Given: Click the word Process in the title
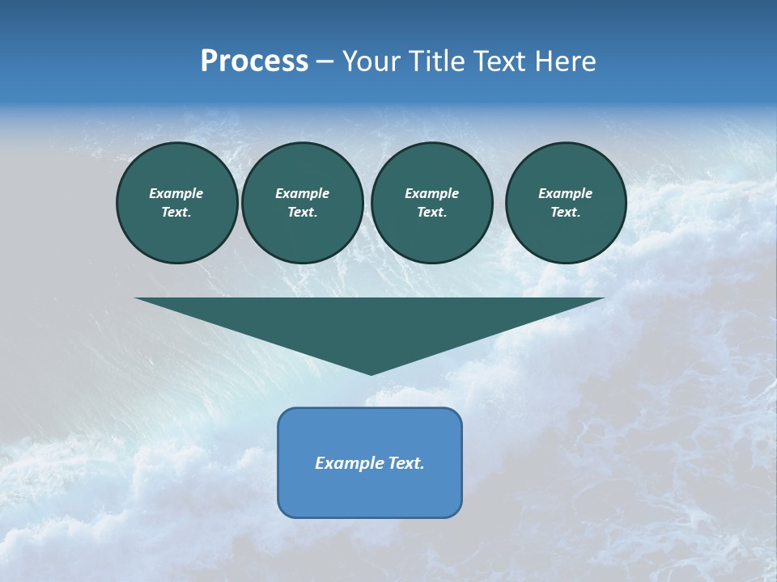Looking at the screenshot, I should click(254, 61).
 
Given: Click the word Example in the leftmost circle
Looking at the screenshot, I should click(176, 193).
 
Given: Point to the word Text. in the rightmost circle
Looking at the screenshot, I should click(566, 212).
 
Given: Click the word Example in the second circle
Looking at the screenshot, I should click(302, 193).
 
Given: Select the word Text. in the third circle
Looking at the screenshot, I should click(431, 212).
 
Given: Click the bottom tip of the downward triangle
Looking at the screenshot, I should click(371, 373).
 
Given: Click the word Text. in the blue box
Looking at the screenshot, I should click(405, 463).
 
